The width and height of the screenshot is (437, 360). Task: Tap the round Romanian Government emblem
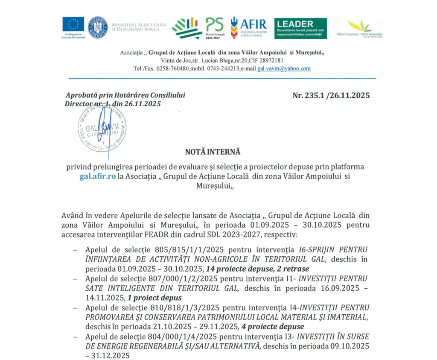tap(98, 27)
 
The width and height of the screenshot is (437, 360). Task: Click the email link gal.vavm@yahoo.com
tap(284, 68)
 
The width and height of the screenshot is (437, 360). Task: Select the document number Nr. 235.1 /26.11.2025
tap(331, 95)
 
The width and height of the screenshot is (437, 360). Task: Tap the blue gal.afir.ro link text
tap(98, 177)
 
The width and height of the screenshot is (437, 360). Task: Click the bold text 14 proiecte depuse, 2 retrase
tap(257, 269)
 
